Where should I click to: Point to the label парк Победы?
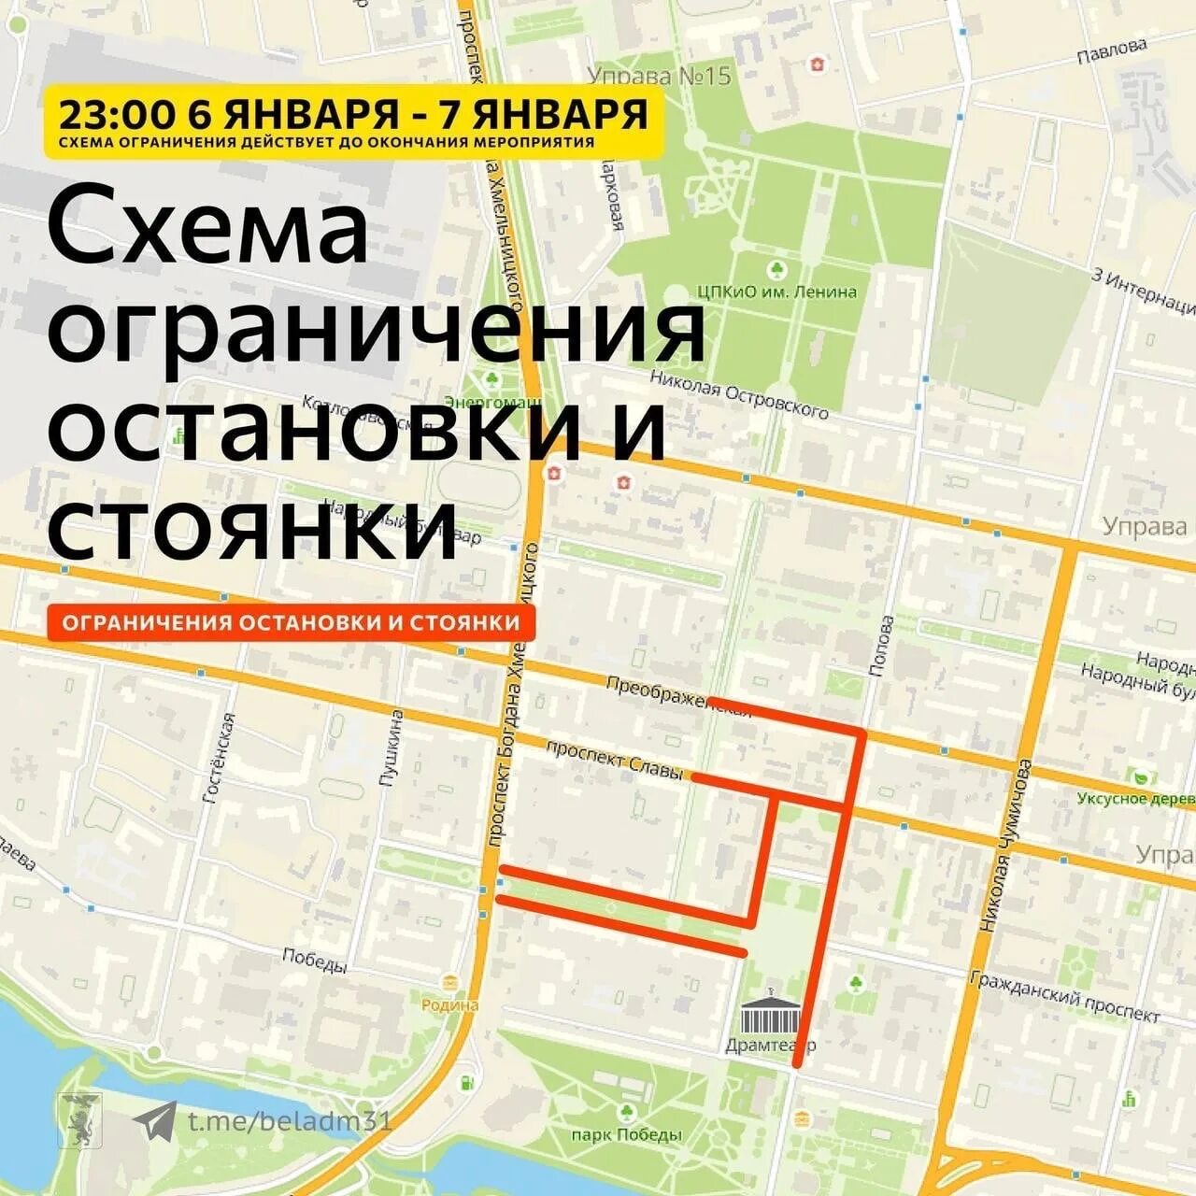(x=626, y=1134)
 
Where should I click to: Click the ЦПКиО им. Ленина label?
(x=776, y=292)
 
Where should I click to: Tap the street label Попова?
(x=879, y=645)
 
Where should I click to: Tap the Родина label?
(x=450, y=1005)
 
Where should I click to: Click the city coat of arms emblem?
(x=75, y=1120)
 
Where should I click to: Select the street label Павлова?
(x=1111, y=52)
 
